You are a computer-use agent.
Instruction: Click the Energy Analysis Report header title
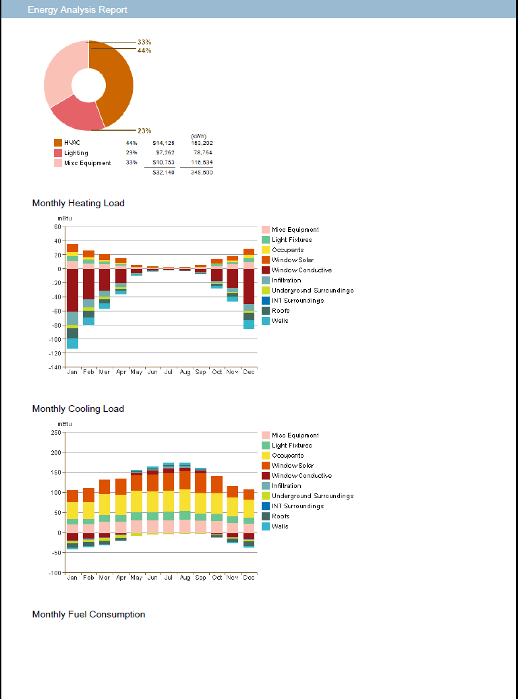(78, 9)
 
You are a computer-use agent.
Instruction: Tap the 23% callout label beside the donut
(144, 131)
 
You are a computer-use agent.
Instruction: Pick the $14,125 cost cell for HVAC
(163, 143)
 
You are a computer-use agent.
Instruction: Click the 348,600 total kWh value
(202, 173)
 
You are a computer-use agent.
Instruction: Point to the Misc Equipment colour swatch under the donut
(57, 162)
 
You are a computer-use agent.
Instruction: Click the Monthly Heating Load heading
(78, 203)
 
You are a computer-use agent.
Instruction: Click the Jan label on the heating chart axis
(72, 372)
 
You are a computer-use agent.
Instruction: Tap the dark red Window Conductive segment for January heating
(72, 290)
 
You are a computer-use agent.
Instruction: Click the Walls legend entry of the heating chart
(280, 321)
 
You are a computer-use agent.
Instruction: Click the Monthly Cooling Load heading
(78, 408)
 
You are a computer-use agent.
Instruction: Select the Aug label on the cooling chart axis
(184, 578)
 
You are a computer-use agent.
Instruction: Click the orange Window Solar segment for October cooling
(217, 484)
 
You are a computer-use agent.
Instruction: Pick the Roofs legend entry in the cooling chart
(281, 516)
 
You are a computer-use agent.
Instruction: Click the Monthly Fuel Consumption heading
(88, 614)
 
